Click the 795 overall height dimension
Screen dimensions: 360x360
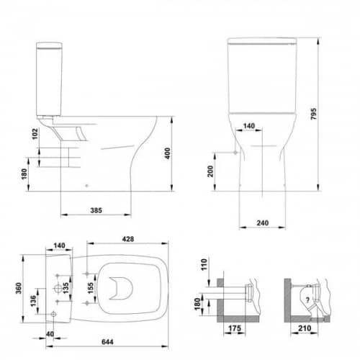pyautogui.click(x=313, y=114)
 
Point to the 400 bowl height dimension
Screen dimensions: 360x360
pyautogui.click(x=168, y=153)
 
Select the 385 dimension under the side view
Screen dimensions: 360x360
pyautogui.click(x=96, y=210)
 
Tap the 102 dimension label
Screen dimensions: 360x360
pyautogui.click(x=35, y=134)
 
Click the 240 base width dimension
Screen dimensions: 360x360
pyautogui.click(x=263, y=223)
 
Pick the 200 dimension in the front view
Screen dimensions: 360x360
pyautogui.click(x=210, y=171)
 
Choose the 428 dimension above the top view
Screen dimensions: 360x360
pyautogui.click(x=128, y=239)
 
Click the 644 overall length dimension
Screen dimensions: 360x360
pyautogui.click(x=107, y=342)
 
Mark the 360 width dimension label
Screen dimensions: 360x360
pyautogui.click(x=18, y=288)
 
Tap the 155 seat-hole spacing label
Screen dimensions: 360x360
pyautogui.click(x=90, y=288)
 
